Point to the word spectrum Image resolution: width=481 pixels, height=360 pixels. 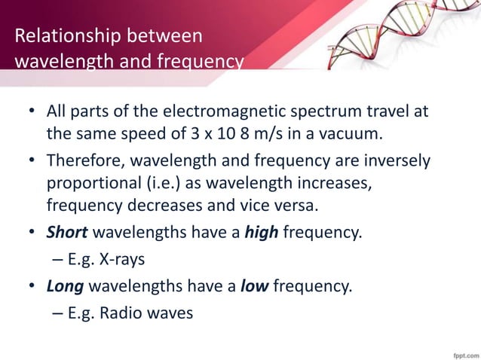coord(335,112)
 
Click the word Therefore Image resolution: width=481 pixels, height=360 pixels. coord(82,161)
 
